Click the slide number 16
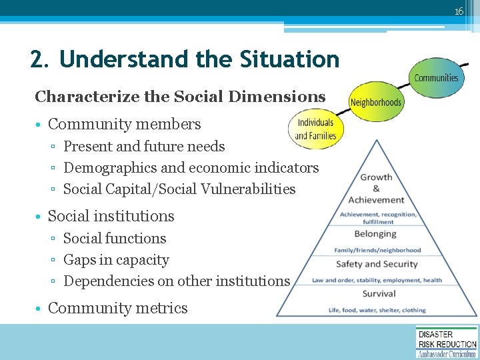(459, 11)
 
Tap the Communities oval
(436, 77)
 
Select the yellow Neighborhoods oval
(376, 102)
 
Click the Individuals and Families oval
(315, 129)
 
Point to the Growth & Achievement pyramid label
(376, 188)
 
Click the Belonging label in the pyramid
(375, 234)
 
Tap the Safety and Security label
(377, 264)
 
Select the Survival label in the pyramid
(379, 293)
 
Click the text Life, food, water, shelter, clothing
(377, 310)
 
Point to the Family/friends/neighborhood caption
(377, 250)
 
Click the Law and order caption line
(377, 280)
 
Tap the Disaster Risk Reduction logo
(447, 342)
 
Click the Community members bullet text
(124, 124)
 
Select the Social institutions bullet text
(111, 216)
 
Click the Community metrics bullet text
(118, 308)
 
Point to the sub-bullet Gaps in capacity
(116, 260)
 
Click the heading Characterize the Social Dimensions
(180, 97)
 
